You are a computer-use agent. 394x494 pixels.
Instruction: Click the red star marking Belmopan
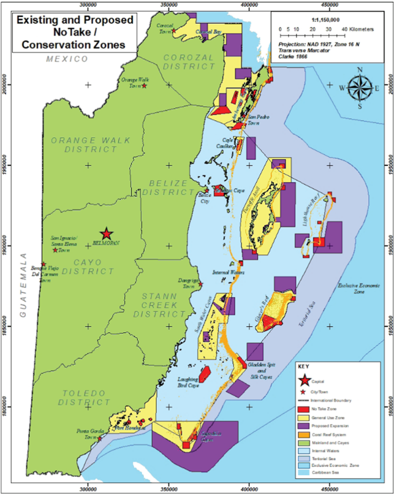click(x=107, y=234)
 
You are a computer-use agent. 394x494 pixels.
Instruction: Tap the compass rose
click(x=360, y=88)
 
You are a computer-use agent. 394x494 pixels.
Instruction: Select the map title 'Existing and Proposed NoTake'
click(x=74, y=32)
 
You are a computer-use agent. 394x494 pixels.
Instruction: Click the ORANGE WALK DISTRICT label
click(x=91, y=145)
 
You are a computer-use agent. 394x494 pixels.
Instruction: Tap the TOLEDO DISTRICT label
click(x=85, y=398)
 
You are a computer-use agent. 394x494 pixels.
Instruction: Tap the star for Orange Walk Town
click(x=144, y=85)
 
